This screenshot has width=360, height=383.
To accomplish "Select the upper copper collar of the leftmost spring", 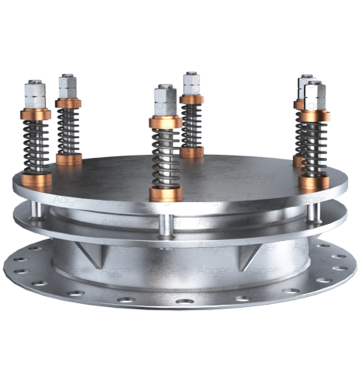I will [36, 114].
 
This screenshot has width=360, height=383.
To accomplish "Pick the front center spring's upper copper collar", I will [165, 122].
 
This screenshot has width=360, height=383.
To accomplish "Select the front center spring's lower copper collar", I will [166, 193].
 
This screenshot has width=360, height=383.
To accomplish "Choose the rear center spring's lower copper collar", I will [192, 151].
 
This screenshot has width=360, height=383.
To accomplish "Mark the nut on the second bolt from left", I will [68, 85].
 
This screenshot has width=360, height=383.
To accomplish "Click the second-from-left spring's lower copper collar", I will [69, 158].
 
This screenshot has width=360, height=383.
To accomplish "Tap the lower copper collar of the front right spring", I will [314, 182].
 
